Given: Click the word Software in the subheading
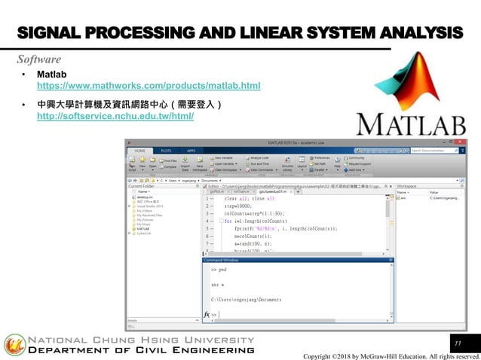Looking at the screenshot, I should [x=39, y=59].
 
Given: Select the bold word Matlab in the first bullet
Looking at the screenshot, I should [x=52, y=75].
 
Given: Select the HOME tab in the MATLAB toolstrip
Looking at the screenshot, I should [x=140, y=151].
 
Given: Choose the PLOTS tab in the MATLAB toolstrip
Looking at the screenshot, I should [x=166, y=151].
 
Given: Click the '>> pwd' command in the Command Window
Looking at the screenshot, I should [x=219, y=269].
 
